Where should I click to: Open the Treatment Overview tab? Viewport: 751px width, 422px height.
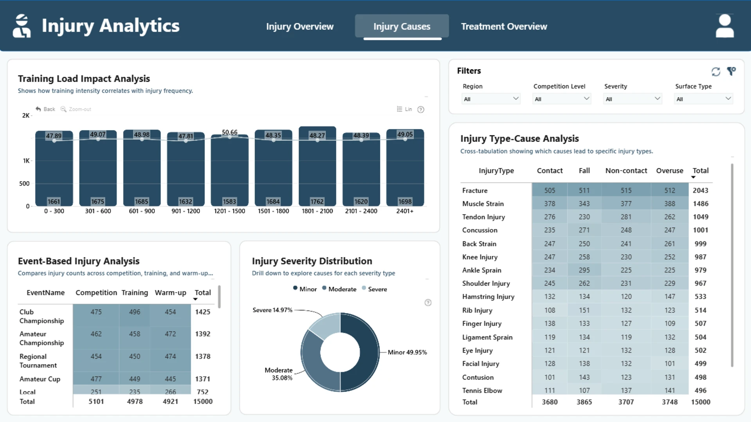[504, 27]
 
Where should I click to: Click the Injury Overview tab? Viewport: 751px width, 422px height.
[300, 27]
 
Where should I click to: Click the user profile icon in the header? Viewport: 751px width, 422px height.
[724, 26]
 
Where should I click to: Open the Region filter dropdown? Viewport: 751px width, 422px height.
[491, 99]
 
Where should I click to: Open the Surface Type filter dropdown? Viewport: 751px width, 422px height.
[703, 99]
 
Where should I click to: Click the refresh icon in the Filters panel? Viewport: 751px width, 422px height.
[716, 72]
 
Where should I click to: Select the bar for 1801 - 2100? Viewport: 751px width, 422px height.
[317, 166]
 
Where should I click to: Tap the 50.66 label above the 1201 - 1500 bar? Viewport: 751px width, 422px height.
[230, 132]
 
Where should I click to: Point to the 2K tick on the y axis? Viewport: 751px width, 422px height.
[26, 116]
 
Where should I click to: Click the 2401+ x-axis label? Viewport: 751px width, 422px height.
[405, 211]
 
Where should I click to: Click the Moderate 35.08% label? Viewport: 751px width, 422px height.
[278, 374]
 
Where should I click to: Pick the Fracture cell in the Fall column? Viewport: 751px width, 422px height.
[584, 190]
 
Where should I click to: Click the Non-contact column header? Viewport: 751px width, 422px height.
[626, 171]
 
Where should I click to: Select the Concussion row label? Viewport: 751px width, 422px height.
[480, 230]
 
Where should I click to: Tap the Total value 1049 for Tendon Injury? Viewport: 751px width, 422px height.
[700, 217]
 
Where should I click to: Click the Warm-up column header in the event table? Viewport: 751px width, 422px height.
[170, 293]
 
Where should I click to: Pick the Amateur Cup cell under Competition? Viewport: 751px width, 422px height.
[96, 379]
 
